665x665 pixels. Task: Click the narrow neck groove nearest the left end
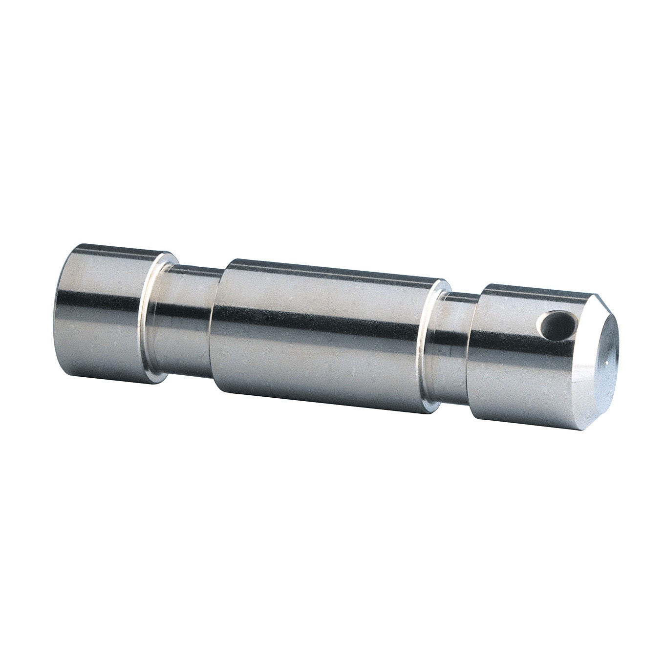[188, 322]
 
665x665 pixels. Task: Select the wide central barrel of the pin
[322, 337]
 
